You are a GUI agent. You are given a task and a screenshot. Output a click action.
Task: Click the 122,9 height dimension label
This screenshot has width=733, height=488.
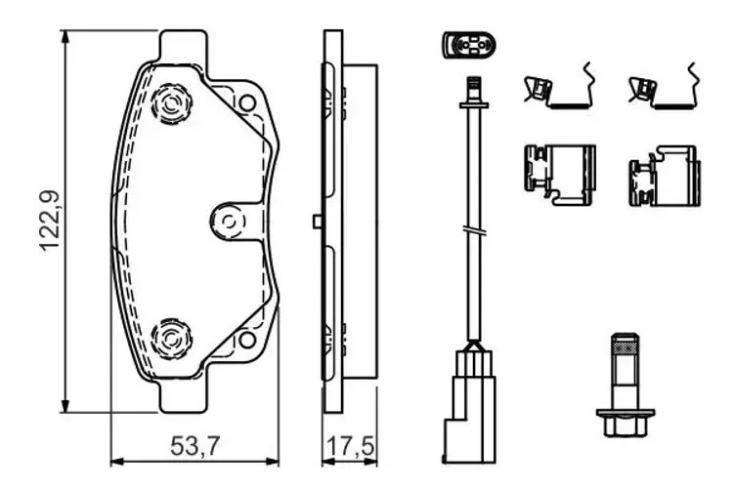coord(52,221)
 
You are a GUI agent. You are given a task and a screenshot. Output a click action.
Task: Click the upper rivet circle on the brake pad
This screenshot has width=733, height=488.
coord(171,102)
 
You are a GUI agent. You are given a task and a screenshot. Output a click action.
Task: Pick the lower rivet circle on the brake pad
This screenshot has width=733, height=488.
coord(171,339)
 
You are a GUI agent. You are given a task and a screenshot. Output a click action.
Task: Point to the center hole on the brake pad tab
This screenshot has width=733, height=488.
coord(231,221)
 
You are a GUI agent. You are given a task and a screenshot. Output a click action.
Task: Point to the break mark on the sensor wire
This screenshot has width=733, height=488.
coord(470,232)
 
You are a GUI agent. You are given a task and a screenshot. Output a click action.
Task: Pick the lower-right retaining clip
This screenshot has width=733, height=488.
coord(664,176)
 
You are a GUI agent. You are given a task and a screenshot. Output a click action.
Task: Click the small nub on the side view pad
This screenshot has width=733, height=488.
coord(317,221)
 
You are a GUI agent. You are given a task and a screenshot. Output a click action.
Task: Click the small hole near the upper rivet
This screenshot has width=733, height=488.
coord(247,102)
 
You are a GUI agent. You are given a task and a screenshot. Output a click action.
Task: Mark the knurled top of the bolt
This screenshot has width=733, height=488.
coord(625,346)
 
